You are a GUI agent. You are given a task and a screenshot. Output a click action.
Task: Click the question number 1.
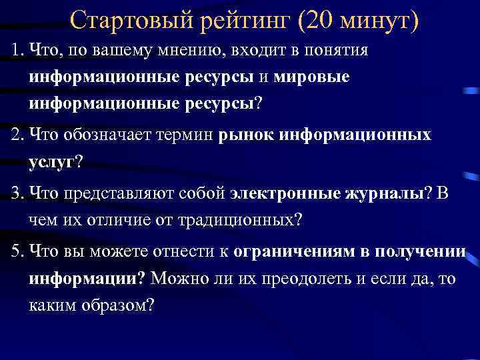14,51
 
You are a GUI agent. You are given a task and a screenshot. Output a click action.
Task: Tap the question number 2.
15,136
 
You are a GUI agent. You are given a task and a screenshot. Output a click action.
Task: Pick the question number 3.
15,193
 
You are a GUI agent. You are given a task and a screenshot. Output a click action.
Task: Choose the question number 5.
15,251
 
